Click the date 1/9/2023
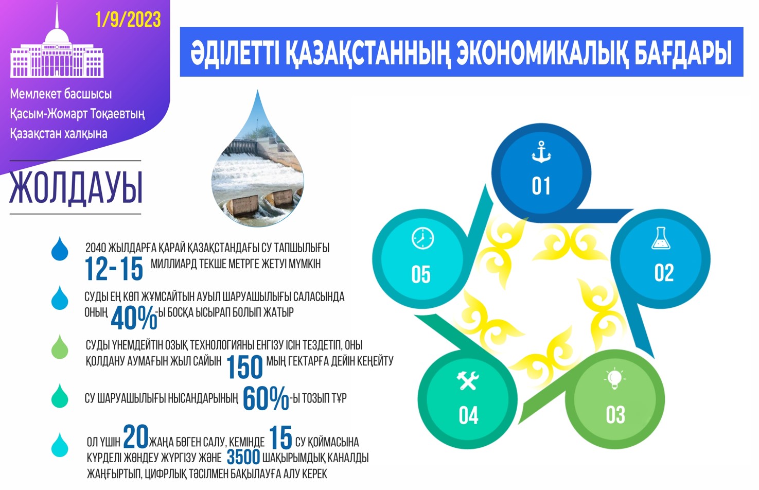tap(128, 20)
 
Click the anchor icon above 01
tap(541, 152)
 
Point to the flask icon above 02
tap(660, 238)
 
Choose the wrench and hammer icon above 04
tap(468, 380)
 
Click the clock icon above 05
tap(422, 238)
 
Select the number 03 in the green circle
tap(615, 415)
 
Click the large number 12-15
tap(114, 268)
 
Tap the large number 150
tap(244, 367)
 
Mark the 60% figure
tap(266, 399)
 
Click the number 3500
tap(243, 457)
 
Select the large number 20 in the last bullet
tap(136, 437)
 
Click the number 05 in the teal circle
tap(421, 275)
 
